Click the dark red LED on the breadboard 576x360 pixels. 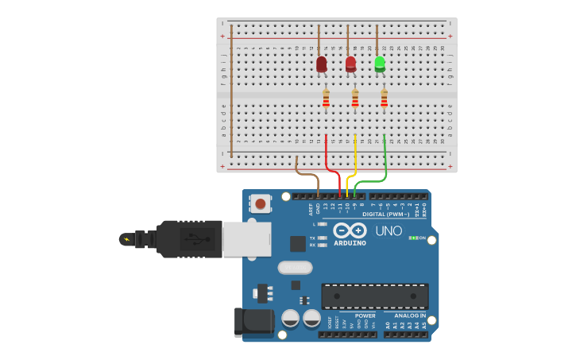point(321,64)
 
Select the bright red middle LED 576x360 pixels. point(350,64)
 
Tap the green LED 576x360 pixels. point(380,63)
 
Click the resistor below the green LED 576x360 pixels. point(384,99)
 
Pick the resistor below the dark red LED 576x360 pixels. point(326,99)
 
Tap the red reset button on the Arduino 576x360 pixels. point(260,203)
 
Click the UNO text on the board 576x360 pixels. point(389,230)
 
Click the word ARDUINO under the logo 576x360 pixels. point(350,243)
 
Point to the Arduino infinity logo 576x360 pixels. point(350,230)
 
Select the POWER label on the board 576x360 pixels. point(365,315)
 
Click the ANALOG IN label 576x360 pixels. point(410,315)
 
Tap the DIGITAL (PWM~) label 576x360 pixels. point(386,214)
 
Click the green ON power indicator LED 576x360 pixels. point(412,238)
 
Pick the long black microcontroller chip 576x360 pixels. point(374,296)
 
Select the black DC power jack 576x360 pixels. point(253,322)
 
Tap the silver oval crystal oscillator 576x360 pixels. point(295,268)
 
